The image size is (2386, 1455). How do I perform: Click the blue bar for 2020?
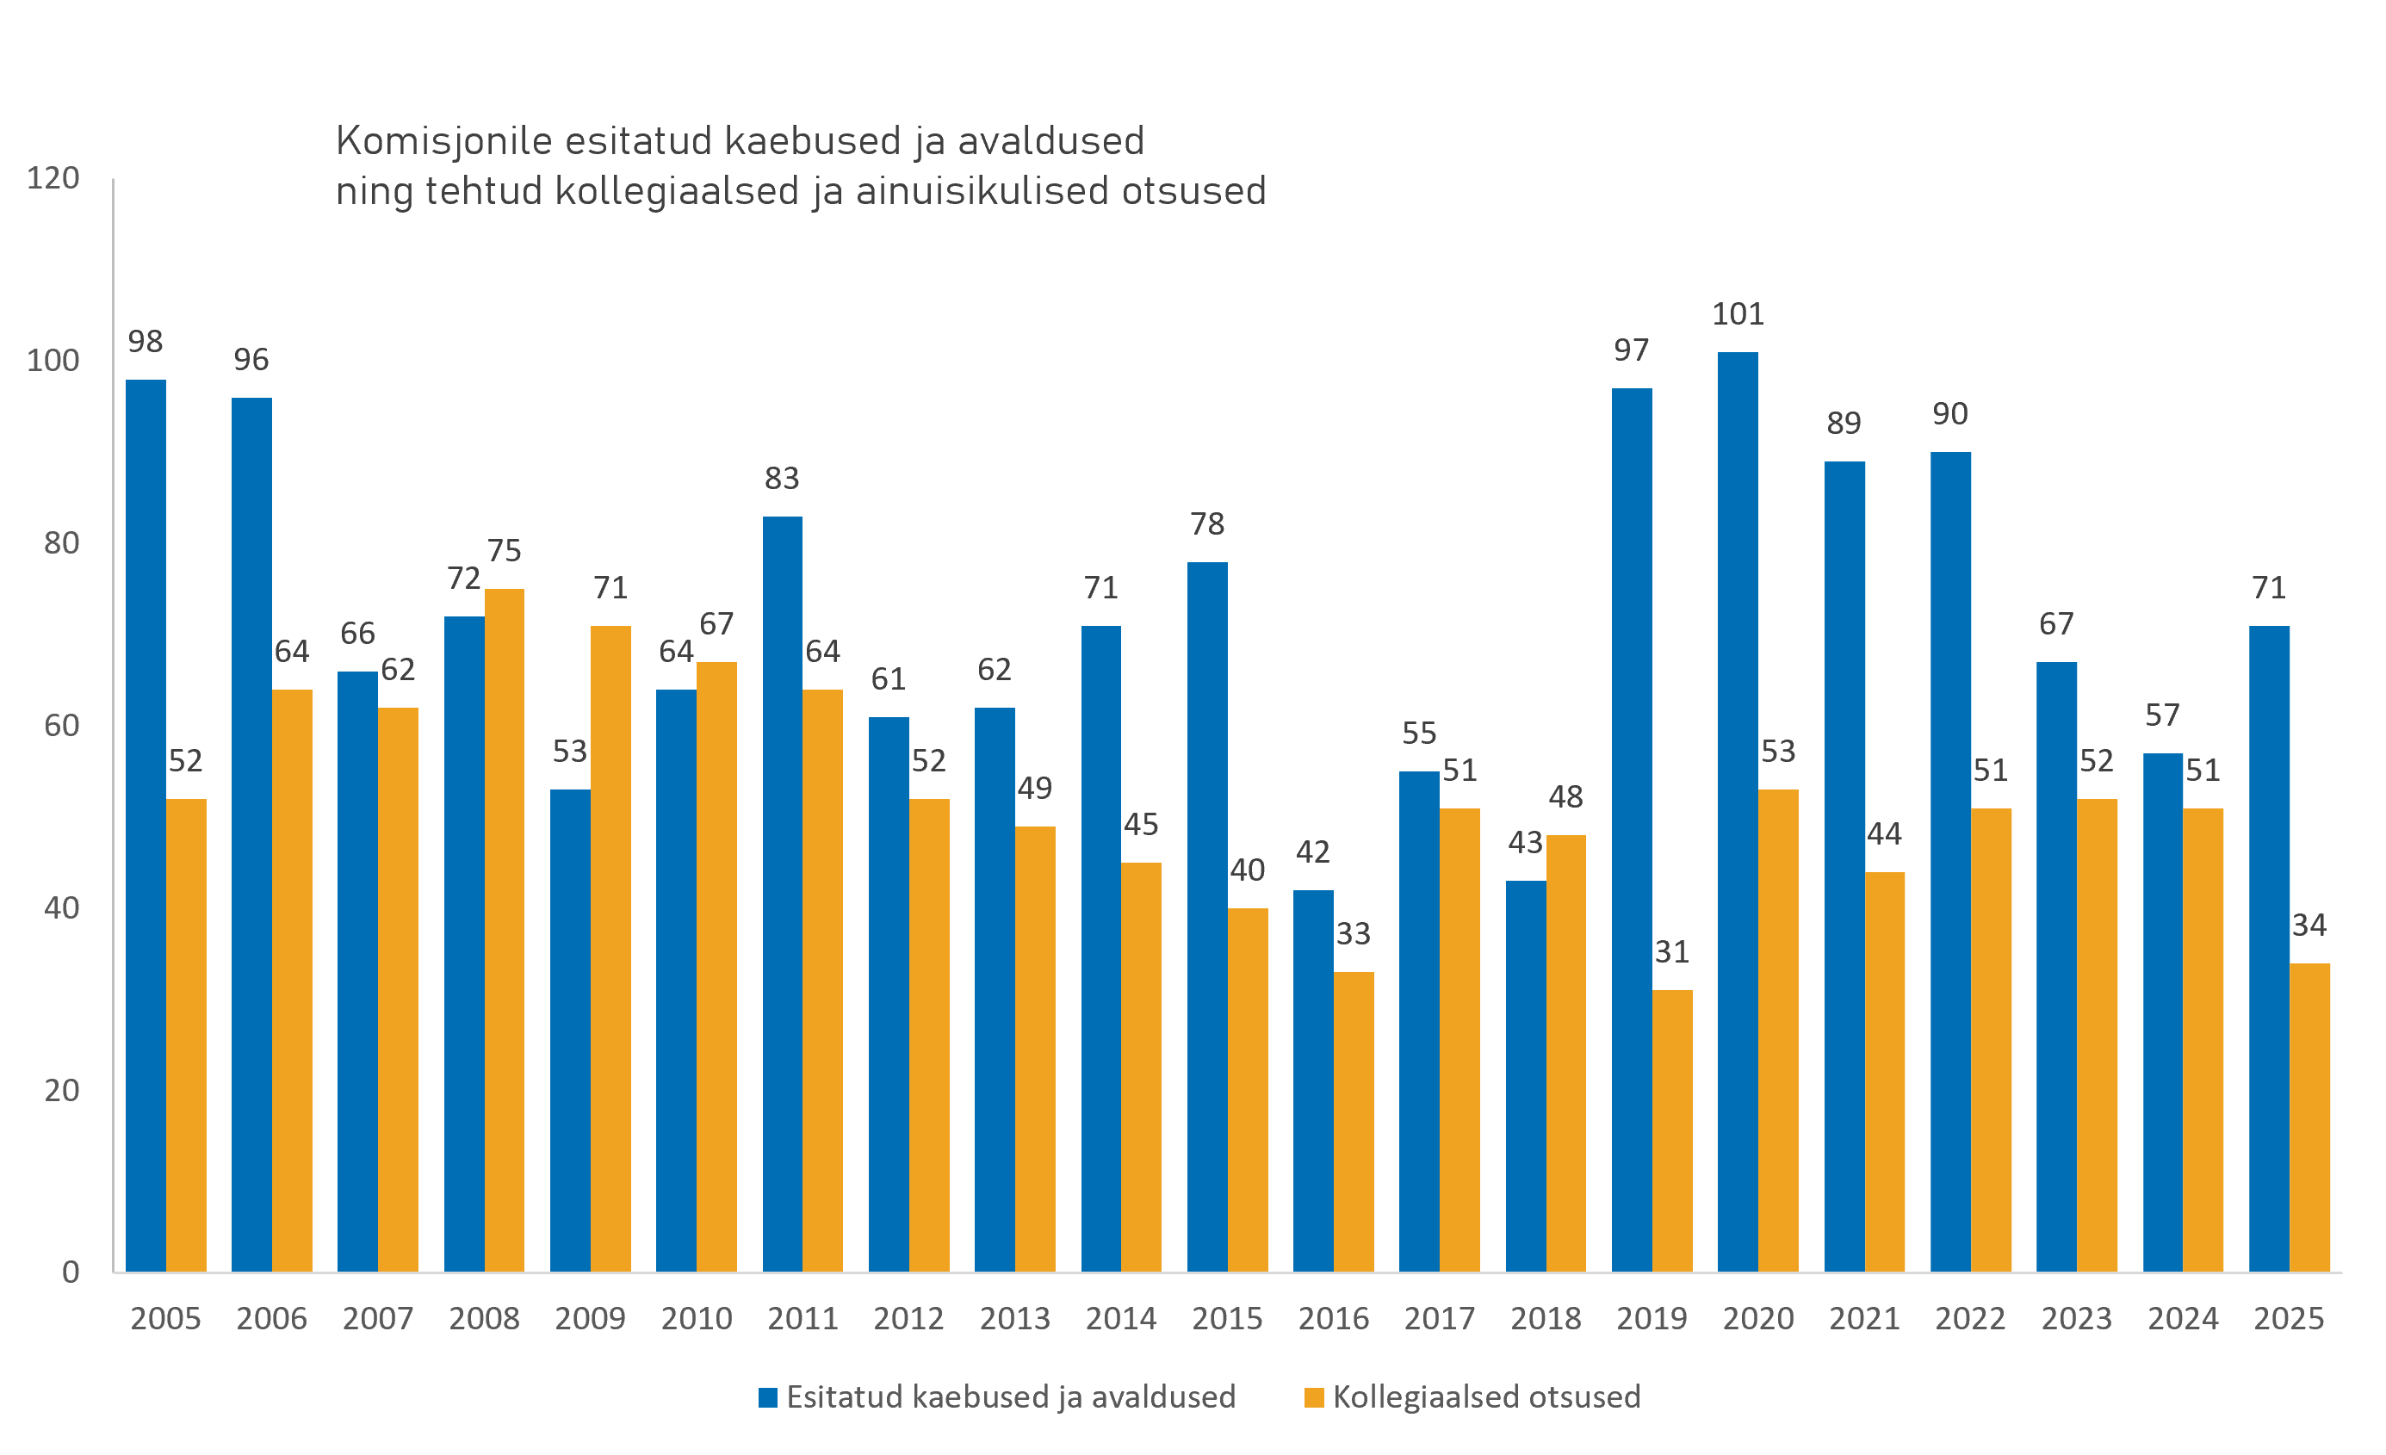coord(1738,811)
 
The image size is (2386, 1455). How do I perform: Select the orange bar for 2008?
coord(505,931)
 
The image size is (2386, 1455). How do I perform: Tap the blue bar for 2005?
coord(146,825)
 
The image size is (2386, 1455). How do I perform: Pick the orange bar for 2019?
coord(1672,1130)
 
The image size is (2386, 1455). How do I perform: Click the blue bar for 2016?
coord(1313,1080)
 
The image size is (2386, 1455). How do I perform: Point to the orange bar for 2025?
coord(2309,1118)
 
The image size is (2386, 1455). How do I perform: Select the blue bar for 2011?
coord(783,894)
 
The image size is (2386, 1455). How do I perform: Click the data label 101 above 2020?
coord(1738,313)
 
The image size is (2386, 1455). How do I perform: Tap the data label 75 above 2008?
coord(505,550)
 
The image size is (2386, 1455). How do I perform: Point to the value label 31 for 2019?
coord(1672,951)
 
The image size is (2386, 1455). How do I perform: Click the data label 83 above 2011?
coord(783,477)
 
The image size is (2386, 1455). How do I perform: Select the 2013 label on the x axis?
coord(1015,1318)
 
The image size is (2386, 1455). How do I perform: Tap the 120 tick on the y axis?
coord(53,178)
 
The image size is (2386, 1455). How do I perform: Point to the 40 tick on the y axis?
coord(62,908)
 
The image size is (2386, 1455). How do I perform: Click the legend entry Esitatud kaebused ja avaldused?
coord(997,1397)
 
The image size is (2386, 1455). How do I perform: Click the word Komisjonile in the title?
coord(444,141)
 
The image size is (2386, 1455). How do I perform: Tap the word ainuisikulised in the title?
coord(982,191)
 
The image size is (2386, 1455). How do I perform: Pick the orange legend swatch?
coord(1314,1398)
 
